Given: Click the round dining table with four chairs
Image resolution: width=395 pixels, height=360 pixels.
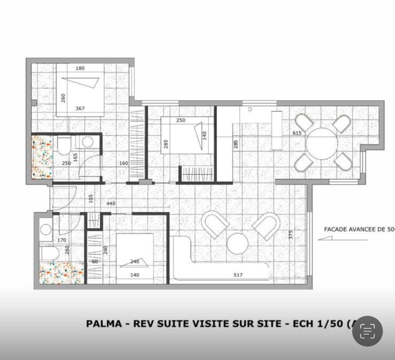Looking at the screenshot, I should [322, 143].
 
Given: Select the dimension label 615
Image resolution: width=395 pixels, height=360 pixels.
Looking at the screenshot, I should [297, 133].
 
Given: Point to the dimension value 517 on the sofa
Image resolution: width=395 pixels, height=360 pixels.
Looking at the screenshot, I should [238, 275].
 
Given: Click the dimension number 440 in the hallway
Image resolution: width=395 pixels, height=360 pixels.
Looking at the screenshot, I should [111, 203].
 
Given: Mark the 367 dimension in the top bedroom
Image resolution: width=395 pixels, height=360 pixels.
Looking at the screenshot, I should [80, 109].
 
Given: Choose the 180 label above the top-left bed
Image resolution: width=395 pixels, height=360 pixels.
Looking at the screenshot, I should [80, 68].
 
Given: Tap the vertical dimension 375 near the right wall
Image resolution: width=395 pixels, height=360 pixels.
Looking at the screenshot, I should [290, 234].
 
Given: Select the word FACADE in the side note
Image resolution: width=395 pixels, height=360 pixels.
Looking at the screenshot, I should [335, 230].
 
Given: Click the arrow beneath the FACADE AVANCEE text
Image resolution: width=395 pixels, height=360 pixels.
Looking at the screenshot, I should [342, 239].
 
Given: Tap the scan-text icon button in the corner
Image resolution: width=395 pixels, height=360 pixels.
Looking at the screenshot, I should [368, 331].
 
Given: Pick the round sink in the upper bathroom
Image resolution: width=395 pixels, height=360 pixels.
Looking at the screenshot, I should [87, 142].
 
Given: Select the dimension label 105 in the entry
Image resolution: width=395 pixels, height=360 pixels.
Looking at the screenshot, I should [91, 198].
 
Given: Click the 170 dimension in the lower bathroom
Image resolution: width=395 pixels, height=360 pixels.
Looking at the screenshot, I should [62, 240].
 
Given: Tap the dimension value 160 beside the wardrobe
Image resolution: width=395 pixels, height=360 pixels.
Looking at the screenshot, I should [124, 163].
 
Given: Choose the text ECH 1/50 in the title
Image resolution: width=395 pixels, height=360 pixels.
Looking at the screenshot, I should [318, 324].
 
